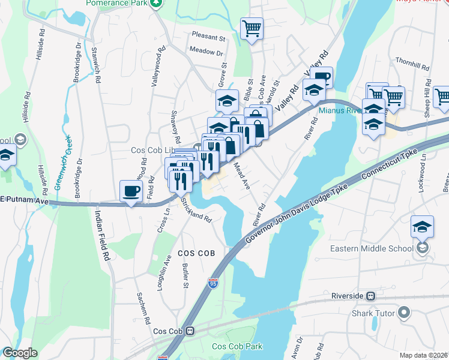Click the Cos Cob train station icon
pos(190,331)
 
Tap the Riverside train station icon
pos(371,296)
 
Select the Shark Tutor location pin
pos(404,311)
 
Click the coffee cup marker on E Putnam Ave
pos(131,192)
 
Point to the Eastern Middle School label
pos(372,248)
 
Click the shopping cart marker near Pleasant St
pos(252,28)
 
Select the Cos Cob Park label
pos(237,346)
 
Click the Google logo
pos(20,353)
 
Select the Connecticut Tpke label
pos(394,165)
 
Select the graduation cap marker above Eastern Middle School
pos(423,227)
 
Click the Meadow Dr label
pos(205,52)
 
